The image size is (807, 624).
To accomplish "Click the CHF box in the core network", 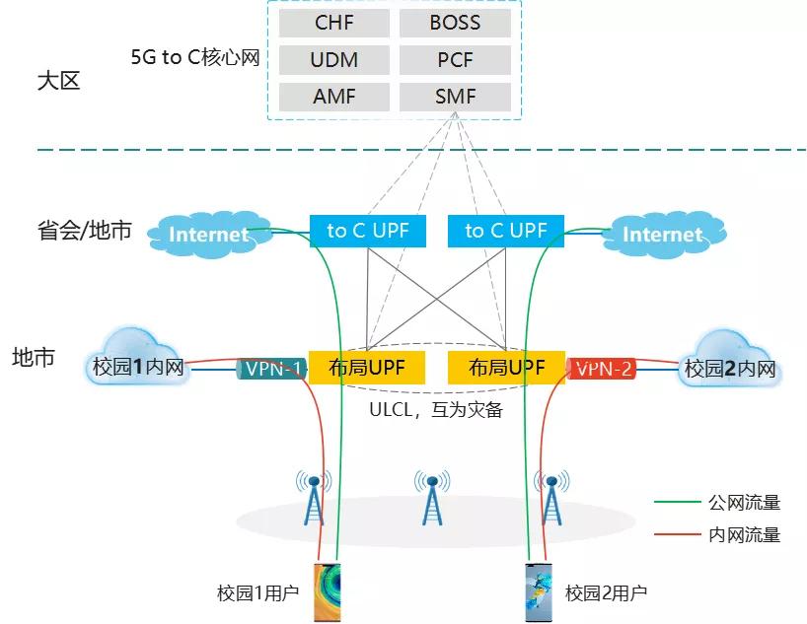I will (333, 23).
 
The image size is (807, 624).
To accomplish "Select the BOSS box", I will (455, 23).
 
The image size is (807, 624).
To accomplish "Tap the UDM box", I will (333, 60).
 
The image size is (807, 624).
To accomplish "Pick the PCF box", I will (455, 60).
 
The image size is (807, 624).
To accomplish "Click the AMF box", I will (333, 98).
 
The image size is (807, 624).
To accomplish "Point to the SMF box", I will (455, 98).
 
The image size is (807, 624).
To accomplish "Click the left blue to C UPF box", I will (367, 231).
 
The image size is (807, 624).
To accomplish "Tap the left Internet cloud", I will (208, 234).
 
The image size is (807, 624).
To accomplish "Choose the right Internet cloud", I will (662, 234).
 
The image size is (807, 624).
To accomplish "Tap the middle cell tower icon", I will (431, 498).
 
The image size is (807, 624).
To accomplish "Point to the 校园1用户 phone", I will (327, 592).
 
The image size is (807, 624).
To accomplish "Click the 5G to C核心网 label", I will (194, 58).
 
